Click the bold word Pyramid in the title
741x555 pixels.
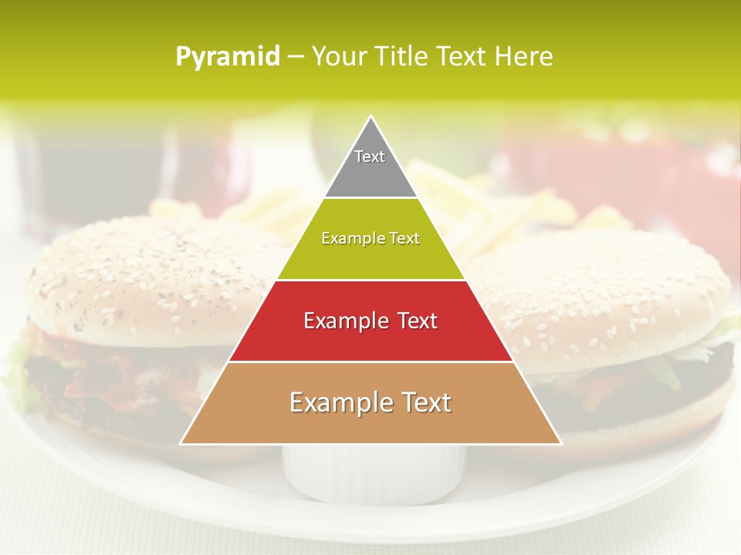click(x=228, y=57)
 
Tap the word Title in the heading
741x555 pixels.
click(x=403, y=56)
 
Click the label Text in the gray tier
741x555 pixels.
click(x=370, y=156)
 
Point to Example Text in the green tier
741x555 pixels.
click(x=370, y=238)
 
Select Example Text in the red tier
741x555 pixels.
click(x=370, y=321)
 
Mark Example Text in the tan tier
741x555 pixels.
click(x=370, y=402)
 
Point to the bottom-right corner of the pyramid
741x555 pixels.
click(x=560, y=443)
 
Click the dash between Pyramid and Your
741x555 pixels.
click(x=296, y=57)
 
